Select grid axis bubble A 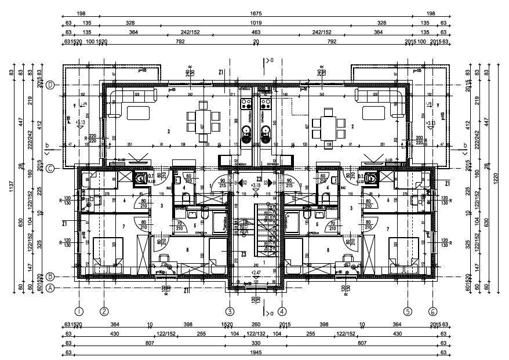click(50, 288)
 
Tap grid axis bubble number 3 click(230, 310)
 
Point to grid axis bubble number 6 click(432, 310)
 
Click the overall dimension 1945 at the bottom click(256, 352)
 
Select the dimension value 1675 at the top click(256, 13)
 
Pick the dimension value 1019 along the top click(256, 23)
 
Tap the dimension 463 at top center click(256, 32)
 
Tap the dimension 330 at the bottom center click(256, 343)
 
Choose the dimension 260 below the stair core click(256, 324)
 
